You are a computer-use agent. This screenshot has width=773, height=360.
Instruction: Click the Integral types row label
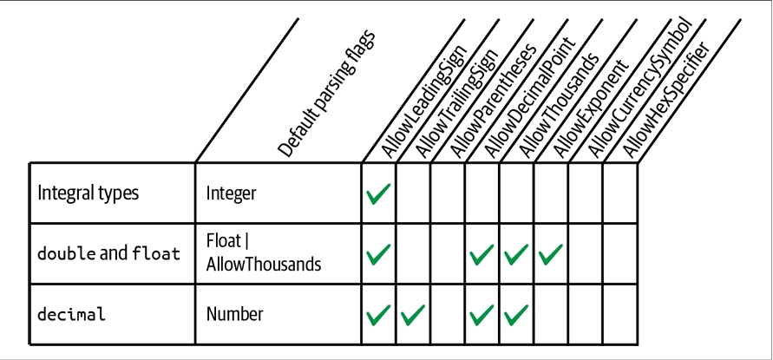coord(88,193)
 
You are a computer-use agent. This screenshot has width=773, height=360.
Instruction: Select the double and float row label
coord(109,253)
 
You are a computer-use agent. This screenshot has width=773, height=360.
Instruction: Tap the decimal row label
coord(71,314)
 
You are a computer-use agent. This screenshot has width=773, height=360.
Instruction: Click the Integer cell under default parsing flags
coord(232,193)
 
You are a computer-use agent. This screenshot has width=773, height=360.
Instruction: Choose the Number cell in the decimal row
coord(234,314)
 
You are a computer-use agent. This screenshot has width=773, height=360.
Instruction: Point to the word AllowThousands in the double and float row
coord(264,265)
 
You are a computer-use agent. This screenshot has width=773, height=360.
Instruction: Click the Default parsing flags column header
coord(326,93)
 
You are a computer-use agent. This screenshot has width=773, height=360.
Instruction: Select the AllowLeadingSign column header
coord(424,102)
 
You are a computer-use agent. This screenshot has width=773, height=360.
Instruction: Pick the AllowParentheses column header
coord(493,101)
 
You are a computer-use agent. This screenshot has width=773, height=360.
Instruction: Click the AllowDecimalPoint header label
coord(530,96)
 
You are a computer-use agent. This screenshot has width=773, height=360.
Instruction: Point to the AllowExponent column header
coord(591,108)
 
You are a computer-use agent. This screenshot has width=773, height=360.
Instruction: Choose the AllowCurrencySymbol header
coord(641,88)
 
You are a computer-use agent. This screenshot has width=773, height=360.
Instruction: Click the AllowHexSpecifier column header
coord(666,100)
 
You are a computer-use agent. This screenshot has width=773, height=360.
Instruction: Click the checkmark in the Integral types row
coord(378,193)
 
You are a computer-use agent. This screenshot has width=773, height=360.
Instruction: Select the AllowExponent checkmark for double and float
coord(551,254)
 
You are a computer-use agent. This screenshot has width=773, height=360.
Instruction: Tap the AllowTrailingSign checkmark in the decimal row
coord(413,315)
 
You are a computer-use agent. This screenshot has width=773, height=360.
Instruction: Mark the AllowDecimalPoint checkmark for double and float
coord(481,254)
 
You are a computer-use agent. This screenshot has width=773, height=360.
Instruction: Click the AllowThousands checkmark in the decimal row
coord(516,315)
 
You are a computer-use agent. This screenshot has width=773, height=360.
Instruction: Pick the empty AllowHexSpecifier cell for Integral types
coord(620,193)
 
